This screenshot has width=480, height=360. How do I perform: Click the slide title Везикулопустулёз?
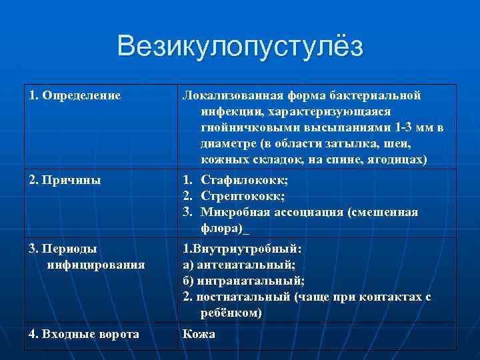point(240,47)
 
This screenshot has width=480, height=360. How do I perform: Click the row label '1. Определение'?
point(75,95)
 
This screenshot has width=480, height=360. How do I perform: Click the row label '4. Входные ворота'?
point(85,334)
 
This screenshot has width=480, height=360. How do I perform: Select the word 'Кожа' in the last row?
point(199,334)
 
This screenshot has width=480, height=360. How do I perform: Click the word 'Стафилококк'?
point(244,180)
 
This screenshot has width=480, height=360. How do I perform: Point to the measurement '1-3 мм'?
point(413,127)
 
